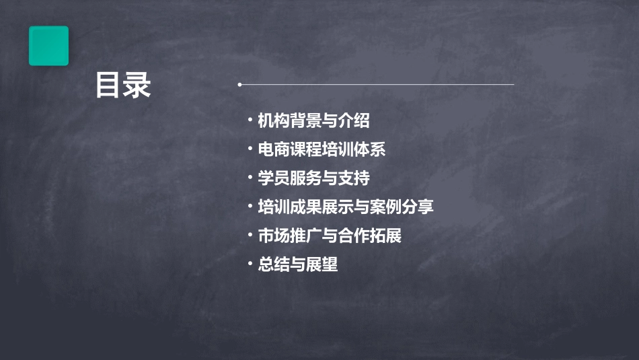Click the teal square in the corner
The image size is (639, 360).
click(x=48, y=46)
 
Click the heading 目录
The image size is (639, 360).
click(x=123, y=86)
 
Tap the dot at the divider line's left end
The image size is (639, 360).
click(x=239, y=85)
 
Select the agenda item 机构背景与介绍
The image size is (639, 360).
click(x=313, y=121)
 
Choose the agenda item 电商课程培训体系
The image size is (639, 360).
click(x=322, y=149)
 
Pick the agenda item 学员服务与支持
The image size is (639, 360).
click(x=313, y=178)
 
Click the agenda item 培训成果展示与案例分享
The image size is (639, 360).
click(x=346, y=207)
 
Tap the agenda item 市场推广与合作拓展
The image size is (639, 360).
click(x=330, y=236)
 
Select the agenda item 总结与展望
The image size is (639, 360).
click(x=297, y=264)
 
